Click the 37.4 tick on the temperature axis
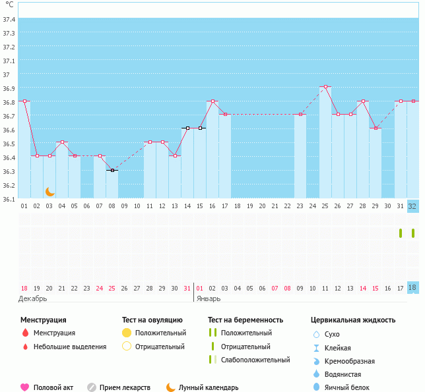pyautogui.click(x=9, y=19)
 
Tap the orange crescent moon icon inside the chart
pyautogui.click(x=50, y=192)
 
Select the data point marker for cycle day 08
pyautogui.click(x=112, y=171)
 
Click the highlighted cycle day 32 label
pyautogui.click(x=413, y=206)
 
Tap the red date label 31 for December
pyautogui.click(x=187, y=288)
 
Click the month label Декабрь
pyautogui.click(x=34, y=298)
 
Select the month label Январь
pyautogui.click(x=209, y=298)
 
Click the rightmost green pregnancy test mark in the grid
pyautogui.click(x=413, y=233)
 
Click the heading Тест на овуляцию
pyautogui.click(x=152, y=320)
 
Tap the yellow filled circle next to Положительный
pyautogui.click(x=127, y=333)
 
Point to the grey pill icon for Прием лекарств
pyautogui.click(x=92, y=387)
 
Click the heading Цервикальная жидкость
pyautogui.click(x=353, y=320)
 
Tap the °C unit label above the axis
pyautogui.click(x=9, y=5)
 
